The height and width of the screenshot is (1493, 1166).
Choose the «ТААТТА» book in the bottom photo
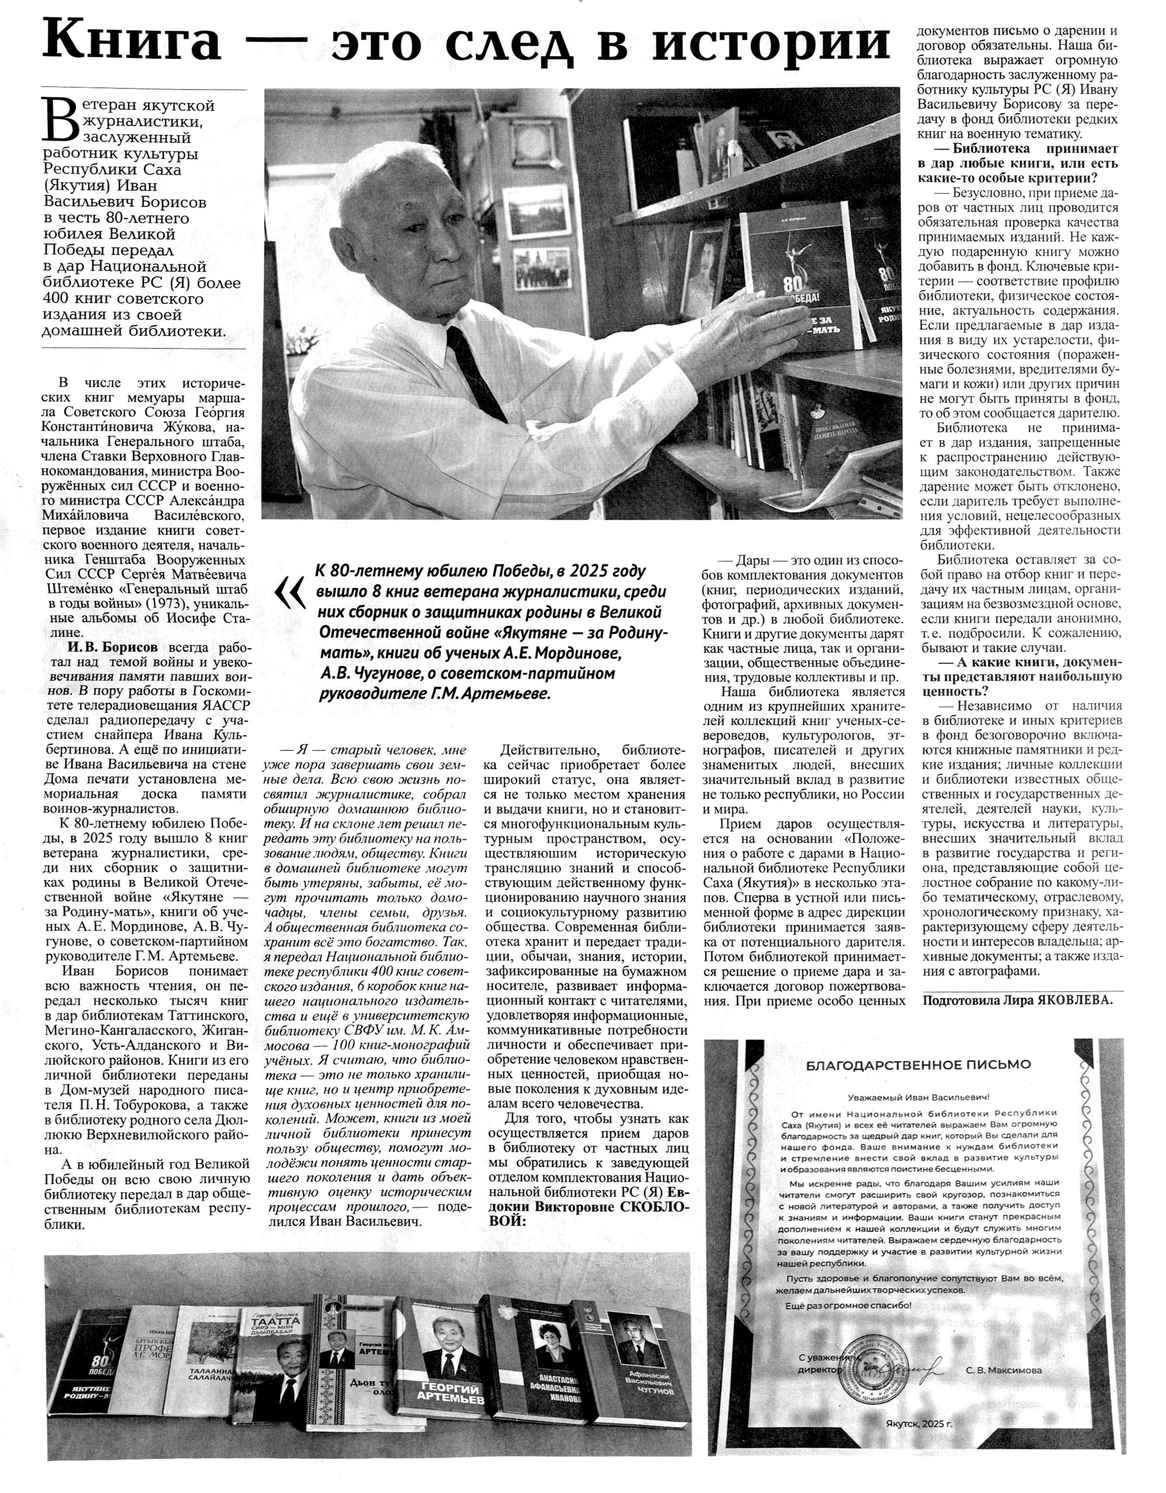tap(273, 1361)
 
